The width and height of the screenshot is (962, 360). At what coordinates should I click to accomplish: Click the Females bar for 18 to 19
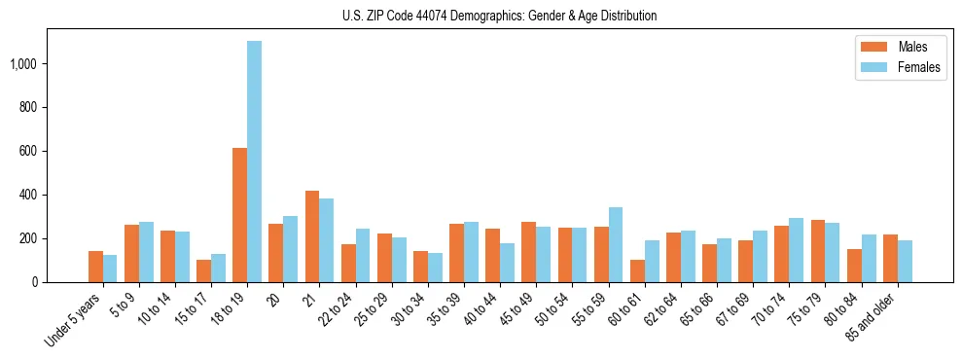[254, 162]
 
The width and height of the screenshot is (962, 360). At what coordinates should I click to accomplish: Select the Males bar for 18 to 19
[239, 215]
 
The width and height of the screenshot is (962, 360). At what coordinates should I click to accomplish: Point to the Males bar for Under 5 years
[95, 267]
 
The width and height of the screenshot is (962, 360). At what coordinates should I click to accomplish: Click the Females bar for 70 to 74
[796, 250]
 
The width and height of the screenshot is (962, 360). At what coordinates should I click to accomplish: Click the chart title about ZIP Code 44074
[499, 16]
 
